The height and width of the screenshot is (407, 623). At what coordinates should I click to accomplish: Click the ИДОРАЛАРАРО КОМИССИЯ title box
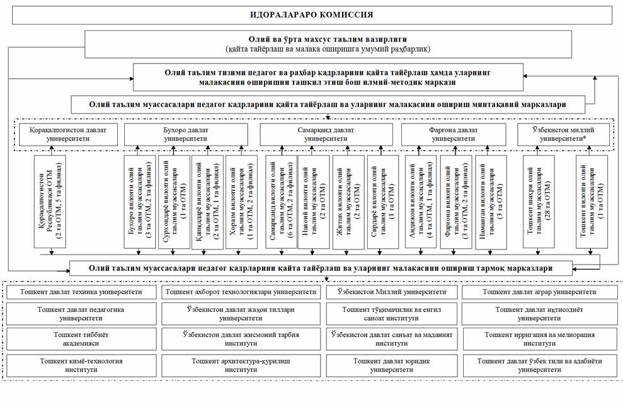tap(312, 14)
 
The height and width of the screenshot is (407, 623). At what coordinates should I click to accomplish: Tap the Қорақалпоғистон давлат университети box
tap(69, 134)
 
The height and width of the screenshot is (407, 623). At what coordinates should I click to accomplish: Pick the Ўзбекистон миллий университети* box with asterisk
tap(564, 134)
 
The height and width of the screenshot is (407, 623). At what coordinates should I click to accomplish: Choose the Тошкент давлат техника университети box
tap(81, 292)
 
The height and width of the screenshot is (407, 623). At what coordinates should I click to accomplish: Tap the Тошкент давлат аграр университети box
tap(540, 292)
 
